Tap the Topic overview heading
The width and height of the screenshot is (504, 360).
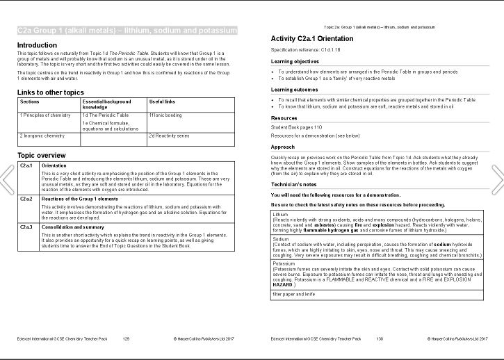click(x=41, y=155)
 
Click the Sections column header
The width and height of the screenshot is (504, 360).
click(x=31, y=101)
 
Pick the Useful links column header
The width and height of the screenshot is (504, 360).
click(x=163, y=101)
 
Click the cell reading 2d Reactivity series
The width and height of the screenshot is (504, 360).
click(x=170, y=136)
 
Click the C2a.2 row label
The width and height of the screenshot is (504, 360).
click(x=26, y=199)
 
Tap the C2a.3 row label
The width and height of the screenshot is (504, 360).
click(x=26, y=227)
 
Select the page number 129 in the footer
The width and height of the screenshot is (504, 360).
click(x=126, y=338)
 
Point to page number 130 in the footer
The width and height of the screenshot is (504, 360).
click(x=380, y=338)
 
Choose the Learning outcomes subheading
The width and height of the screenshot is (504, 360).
click(x=296, y=90)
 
